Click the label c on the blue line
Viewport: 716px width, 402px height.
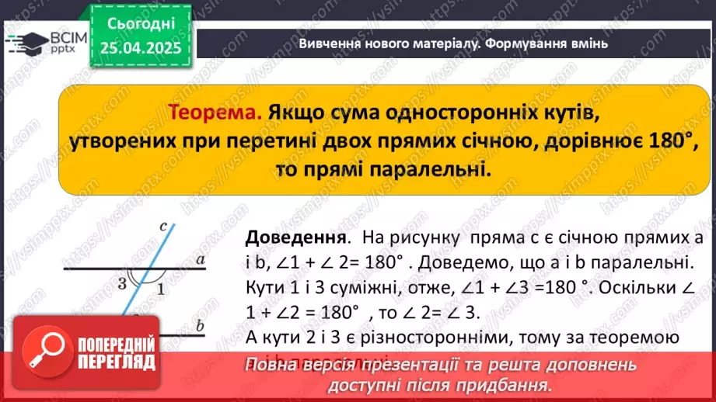pos(163,227)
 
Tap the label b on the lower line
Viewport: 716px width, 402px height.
pos(200,326)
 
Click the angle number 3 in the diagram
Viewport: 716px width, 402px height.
pos(122,282)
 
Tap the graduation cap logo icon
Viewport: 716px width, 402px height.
pos(23,40)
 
